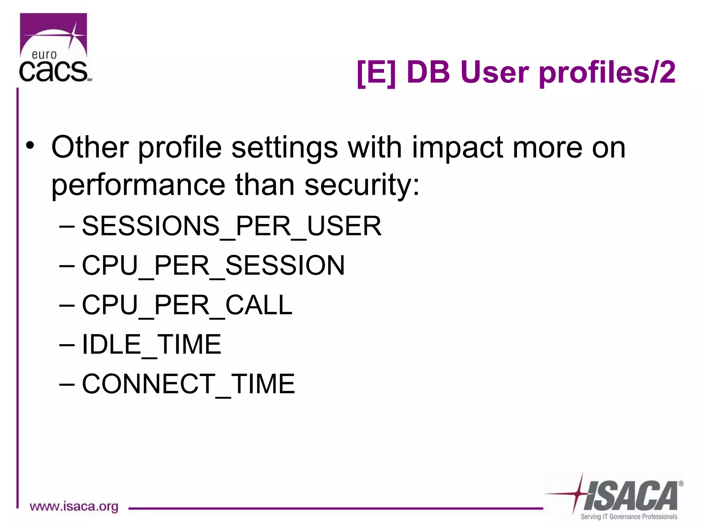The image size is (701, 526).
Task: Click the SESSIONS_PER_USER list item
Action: (231, 226)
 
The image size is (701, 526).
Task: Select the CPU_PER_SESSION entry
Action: (213, 266)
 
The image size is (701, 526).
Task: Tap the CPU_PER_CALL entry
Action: (187, 305)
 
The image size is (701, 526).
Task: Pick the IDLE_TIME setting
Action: (151, 345)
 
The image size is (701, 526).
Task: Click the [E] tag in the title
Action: (376, 73)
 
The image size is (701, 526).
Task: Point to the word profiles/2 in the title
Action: (607, 73)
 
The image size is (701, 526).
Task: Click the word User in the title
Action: (495, 73)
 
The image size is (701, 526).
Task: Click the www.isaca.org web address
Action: (74, 506)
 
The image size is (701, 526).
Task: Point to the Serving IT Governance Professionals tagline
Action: (629, 517)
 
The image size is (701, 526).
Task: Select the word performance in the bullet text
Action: (138, 185)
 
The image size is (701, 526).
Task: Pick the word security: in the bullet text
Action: (362, 185)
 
